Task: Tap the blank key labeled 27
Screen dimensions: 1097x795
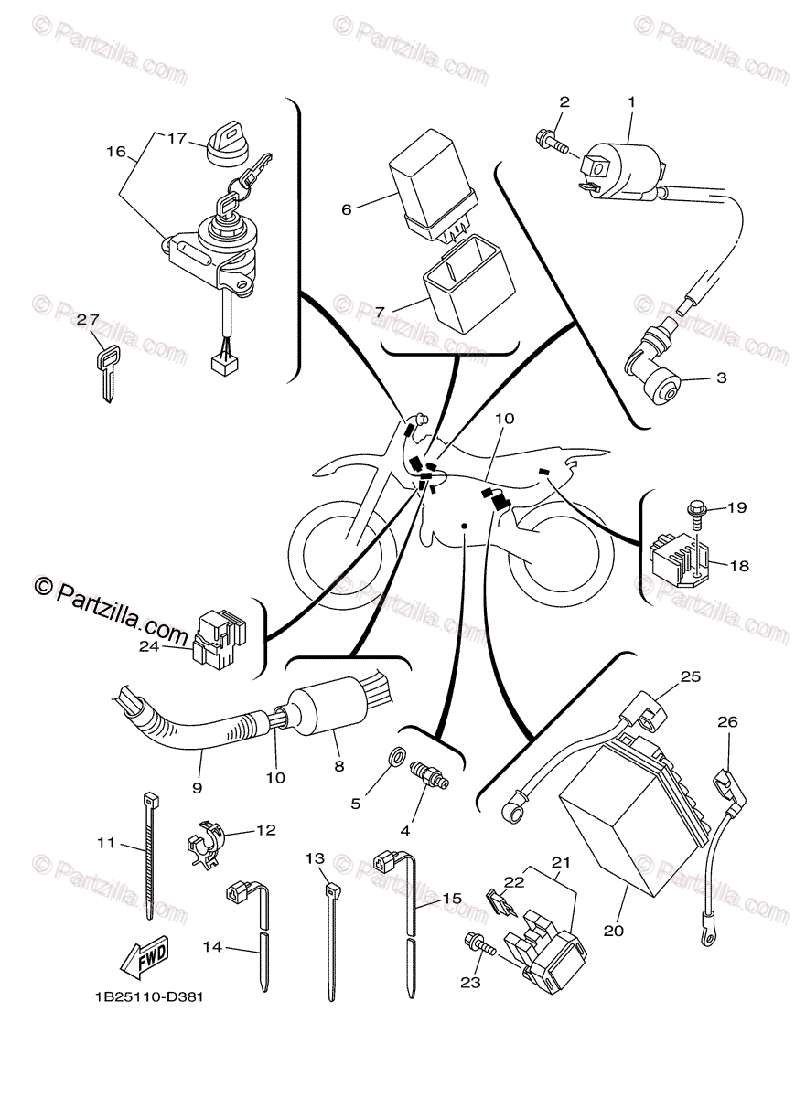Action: [x=106, y=370]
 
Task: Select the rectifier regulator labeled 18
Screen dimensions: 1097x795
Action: [x=679, y=558]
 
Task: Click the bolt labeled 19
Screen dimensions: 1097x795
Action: [x=694, y=510]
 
